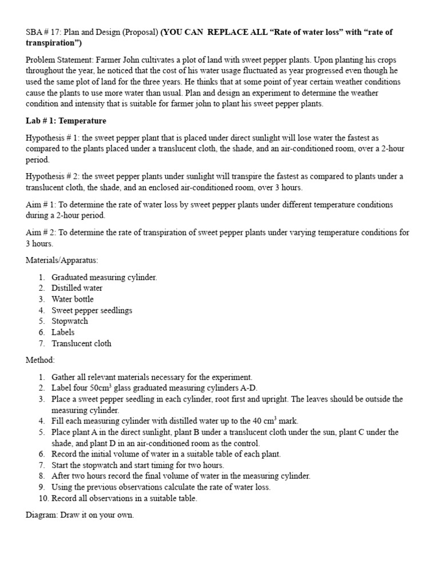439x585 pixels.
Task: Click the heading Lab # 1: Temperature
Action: click(x=66, y=121)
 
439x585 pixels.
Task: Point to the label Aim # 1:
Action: click(x=41, y=205)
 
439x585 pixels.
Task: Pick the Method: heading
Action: click(x=41, y=360)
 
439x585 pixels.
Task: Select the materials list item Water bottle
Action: click(x=72, y=299)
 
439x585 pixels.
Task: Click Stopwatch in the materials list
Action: click(x=70, y=321)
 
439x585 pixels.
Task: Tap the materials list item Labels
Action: click(x=63, y=332)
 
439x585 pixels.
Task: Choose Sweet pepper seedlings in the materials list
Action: click(x=91, y=310)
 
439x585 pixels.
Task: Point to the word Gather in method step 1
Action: click(x=63, y=377)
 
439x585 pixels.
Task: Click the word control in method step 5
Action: click(x=246, y=443)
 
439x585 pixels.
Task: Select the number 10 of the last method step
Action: click(x=43, y=498)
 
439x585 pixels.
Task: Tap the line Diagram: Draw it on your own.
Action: click(x=79, y=515)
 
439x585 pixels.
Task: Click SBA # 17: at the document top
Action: click(x=47, y=33)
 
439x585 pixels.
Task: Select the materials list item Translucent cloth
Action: click(x=81, y=343)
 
